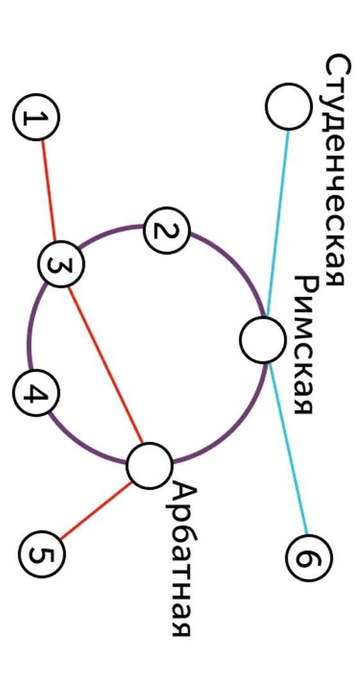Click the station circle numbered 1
(37, 117)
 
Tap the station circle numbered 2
(166, 231)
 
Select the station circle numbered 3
(61, 264)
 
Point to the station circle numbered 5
(42, 554)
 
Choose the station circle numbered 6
(309, 557)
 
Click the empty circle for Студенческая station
(288, 106)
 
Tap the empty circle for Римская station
(263, 340)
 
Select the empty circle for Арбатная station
(150, 466)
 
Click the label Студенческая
(337, 170)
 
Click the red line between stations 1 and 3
(48, 190)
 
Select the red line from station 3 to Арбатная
(106, 365)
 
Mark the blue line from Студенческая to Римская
(278, 224)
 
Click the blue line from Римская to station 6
(287, 448)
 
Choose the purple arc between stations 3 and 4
(33, 328)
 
